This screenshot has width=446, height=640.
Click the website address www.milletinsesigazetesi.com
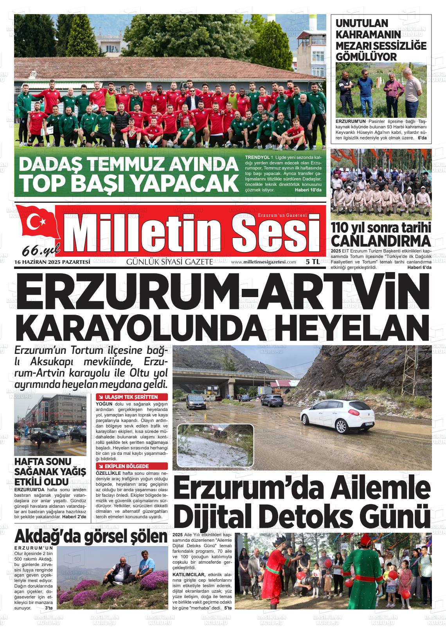click(263, 262)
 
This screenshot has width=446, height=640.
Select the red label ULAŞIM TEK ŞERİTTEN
click(131, 397)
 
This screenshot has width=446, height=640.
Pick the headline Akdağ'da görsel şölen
click(91, 536)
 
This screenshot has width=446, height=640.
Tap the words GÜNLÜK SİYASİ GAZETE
click(169, 262)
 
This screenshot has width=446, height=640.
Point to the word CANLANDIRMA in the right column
click(381, 240)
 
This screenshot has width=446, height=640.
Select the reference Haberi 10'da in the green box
click(308, 190)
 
